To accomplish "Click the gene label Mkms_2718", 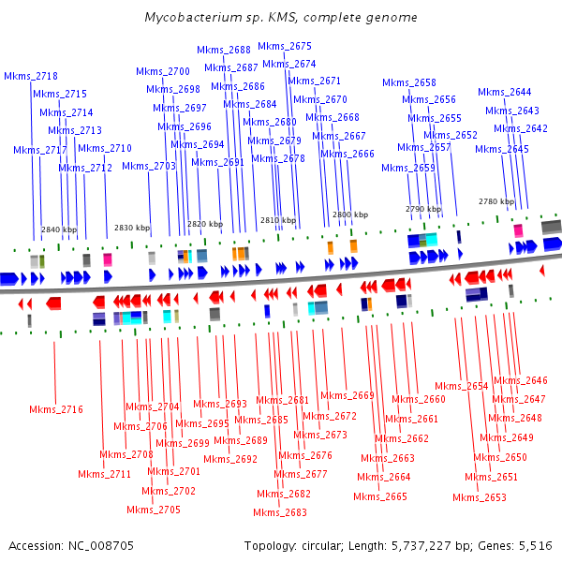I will coord(31,76).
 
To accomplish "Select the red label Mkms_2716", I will coord(55,409).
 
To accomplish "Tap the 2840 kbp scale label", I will coord(59,229).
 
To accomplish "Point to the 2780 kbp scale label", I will coord(496,201).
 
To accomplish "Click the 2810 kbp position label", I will coord(278,220).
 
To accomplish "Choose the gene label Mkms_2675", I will coord(285,46).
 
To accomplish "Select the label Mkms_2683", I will coord(280,512).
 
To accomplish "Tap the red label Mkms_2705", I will coord(154,510).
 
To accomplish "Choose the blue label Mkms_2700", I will coord(163,71).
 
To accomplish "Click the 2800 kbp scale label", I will coord(350,214).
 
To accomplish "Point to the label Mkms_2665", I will coord(381,496).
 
